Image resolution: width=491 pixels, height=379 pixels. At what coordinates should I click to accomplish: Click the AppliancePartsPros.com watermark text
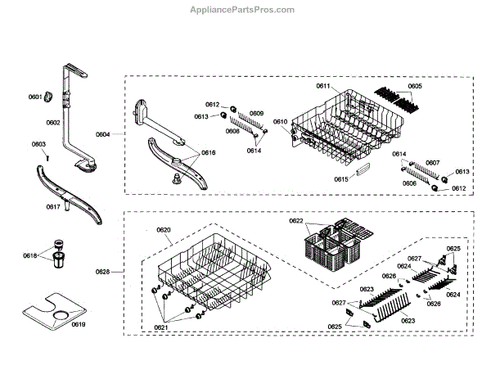tap(241, 9)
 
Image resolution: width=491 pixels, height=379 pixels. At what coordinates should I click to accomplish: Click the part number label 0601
tap(34, 97)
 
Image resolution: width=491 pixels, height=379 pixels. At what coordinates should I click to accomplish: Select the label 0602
tap(52, 123)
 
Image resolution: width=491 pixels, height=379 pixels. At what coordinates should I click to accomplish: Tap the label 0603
tap(38, 145)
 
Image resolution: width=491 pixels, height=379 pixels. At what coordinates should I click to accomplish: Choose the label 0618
tap(30, 255)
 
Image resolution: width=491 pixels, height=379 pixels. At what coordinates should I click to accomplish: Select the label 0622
tap(296, 221)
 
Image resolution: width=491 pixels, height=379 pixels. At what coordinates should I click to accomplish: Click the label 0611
tap(322, 86)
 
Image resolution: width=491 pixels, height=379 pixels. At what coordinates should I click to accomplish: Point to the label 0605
tap(415, 86)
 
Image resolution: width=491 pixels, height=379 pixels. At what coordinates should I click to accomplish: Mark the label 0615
tap(340, 179)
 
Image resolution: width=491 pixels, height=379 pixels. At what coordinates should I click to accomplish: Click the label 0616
tap(209, 153)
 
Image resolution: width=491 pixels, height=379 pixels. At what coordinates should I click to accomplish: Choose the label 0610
tap(280, 122)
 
